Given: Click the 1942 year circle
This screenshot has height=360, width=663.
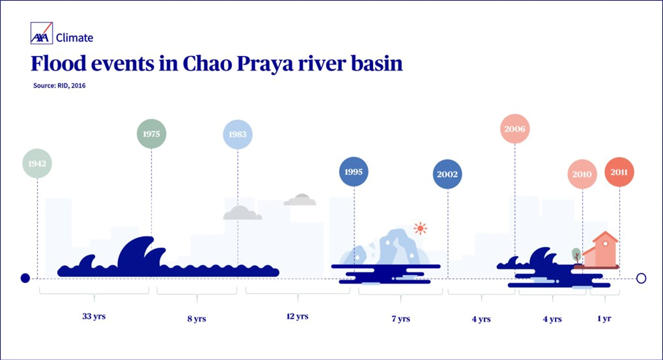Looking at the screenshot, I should tap(37, 164).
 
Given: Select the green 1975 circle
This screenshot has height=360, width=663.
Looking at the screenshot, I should tap(151, 134).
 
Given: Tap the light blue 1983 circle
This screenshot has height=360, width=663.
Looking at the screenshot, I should tap(237, 134).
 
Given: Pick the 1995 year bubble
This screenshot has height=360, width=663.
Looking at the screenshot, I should tap(353, 172).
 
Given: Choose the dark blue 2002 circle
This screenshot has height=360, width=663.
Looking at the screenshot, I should tap(447, 174).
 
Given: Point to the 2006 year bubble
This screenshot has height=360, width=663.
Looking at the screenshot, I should tap(515, 129).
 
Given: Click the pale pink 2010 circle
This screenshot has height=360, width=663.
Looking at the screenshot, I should tap(582, 174).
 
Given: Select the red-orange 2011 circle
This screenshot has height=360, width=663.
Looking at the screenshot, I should tap(619, 172).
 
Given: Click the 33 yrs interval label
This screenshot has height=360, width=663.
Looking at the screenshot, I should tap(94, 317).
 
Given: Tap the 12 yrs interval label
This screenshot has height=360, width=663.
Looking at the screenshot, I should tap(298, 317).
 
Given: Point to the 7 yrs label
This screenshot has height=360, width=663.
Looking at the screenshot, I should tap(401, 319).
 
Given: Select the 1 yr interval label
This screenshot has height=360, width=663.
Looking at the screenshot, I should tap(604, 319).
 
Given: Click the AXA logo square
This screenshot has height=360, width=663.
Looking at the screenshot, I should tap(41, 33).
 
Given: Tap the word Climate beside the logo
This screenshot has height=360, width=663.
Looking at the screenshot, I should tap(75, 38).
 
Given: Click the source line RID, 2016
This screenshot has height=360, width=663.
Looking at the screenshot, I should tap(59, 86).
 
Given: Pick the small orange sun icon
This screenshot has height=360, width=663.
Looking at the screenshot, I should tap(420, 228).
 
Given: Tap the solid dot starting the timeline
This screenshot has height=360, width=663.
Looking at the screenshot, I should tap(25, 278).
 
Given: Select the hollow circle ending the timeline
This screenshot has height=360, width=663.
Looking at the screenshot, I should tap(641, 278).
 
